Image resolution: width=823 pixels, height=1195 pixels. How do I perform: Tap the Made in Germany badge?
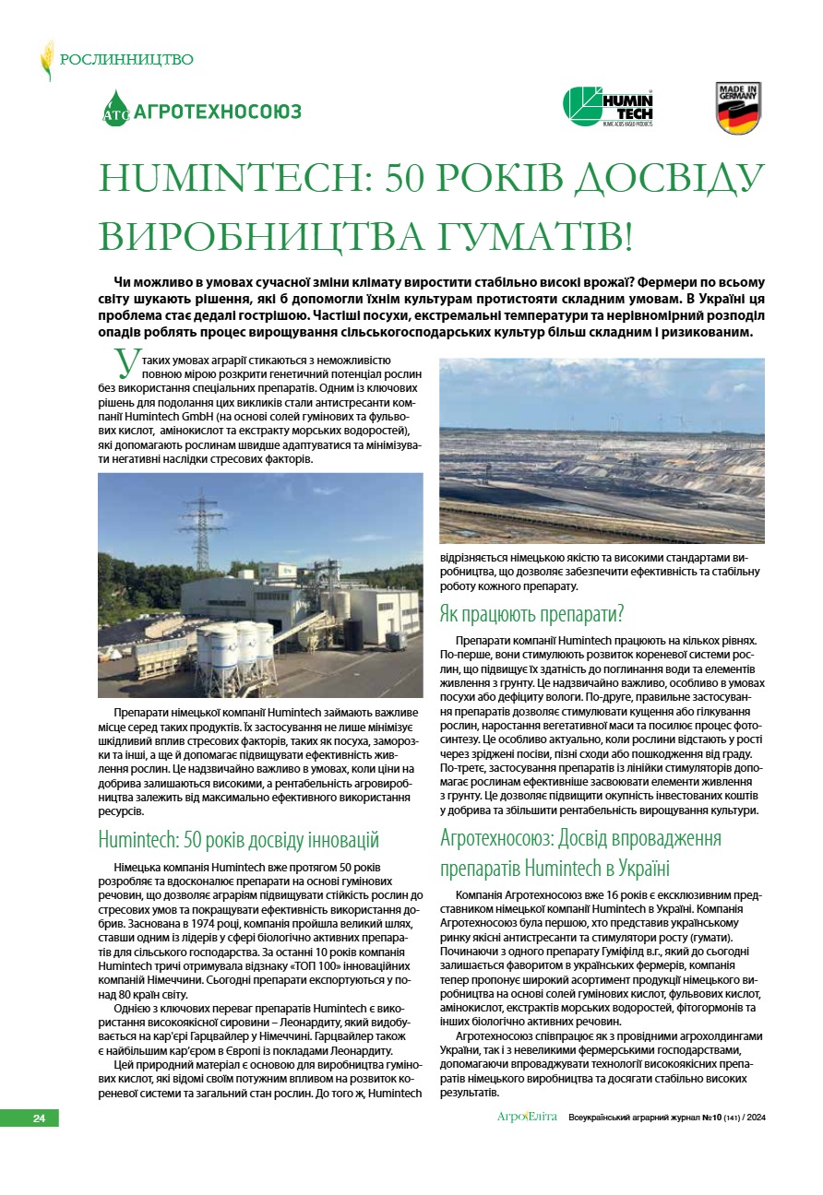tap(738, 108)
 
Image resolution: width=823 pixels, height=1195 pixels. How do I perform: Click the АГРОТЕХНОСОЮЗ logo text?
tap(218, 112)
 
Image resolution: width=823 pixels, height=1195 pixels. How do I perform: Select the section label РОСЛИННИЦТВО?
tap(126, 60)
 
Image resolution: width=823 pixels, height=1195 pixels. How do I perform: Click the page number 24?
tap(39, 1118)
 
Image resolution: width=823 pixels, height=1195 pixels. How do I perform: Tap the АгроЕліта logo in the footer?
tap(527, 1118)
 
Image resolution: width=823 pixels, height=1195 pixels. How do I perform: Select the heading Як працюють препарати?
tap(531, 614)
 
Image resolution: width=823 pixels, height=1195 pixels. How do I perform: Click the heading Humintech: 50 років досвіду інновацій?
tap(239, 840)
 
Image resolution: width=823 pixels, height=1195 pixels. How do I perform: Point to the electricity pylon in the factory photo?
tap(200, 534)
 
